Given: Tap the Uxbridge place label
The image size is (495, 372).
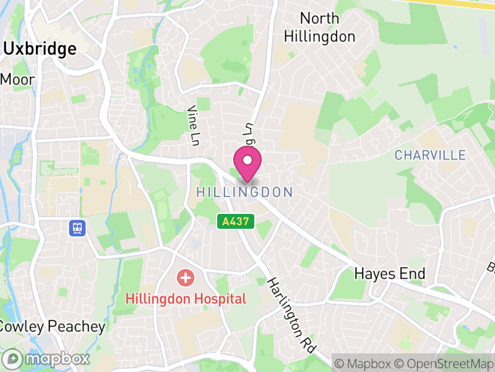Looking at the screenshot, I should click(x=40, y=49).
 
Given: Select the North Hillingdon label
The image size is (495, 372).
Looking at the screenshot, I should click(x=320, y=27).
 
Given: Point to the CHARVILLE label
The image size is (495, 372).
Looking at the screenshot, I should click(x=430, y=154).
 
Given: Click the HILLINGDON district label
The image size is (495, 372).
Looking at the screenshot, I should click(x=244, y=192).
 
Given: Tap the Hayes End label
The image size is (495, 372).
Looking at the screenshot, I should click(x=390, y=273).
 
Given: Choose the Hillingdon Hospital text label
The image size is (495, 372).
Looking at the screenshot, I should click(x=186, y=298).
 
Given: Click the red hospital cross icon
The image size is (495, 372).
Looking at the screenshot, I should click(x=184, y=277).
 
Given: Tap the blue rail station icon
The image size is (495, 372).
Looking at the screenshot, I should click(x=77, y=228).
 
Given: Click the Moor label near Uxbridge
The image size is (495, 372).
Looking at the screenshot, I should click(x=17, y=79).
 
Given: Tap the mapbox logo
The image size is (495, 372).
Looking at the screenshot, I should click(x=46, y=358).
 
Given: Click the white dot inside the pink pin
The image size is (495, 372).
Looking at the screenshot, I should click(x=247, y=161).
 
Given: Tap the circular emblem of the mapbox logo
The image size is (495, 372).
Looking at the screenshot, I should click(x=12, y=358).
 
